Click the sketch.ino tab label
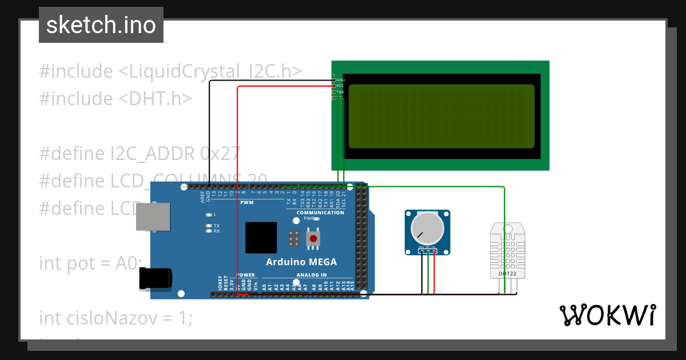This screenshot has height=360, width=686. (101, 25)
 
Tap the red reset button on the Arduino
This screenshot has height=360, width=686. (313, 238)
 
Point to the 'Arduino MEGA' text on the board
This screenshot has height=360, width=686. (301, 262)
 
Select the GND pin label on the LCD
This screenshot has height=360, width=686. (341, 80)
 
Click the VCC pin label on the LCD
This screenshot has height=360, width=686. (340, 86)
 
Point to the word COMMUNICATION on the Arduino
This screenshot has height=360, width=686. (320, 213)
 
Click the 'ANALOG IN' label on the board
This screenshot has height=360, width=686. (311, 275)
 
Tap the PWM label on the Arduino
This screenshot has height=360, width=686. (246, 203)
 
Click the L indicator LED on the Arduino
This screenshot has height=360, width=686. (210, 215)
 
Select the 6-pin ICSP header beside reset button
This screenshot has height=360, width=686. (294, 238)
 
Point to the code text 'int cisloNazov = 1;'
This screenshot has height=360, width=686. (116, 318)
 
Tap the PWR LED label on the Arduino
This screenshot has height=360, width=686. (309, 218)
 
